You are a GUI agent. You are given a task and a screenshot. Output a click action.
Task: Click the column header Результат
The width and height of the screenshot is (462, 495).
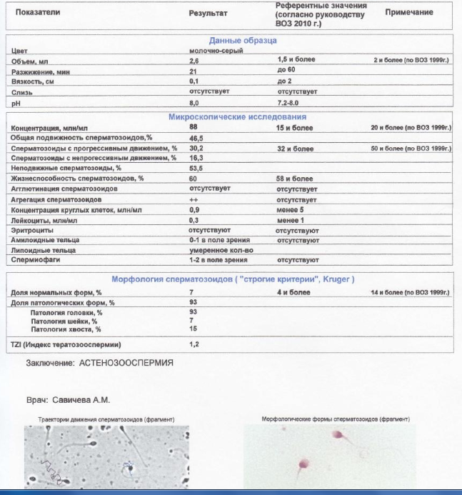[208, 14]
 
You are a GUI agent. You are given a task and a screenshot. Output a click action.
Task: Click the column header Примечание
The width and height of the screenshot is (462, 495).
[409, 14]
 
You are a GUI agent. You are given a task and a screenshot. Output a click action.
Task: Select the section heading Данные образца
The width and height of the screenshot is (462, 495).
[243, 41]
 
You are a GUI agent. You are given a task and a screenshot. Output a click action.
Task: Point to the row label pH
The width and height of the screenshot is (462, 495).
[16, 103]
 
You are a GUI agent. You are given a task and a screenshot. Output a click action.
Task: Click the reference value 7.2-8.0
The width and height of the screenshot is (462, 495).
[290, 103]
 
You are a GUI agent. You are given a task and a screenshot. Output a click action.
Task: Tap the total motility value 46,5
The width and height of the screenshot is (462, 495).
[196, 137]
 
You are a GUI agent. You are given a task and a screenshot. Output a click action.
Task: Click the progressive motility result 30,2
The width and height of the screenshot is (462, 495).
[196, 148]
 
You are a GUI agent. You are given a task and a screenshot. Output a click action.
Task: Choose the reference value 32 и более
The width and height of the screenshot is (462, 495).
[294, 148]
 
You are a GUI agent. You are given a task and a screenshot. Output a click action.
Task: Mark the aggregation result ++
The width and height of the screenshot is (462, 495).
[192, 200]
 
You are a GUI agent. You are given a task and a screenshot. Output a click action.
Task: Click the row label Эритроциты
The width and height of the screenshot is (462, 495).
[31, 231]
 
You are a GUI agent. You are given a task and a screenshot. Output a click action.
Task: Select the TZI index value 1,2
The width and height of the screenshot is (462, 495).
[194, 344]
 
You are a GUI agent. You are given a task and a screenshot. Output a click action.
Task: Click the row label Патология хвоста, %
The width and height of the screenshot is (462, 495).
[66, 329]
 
